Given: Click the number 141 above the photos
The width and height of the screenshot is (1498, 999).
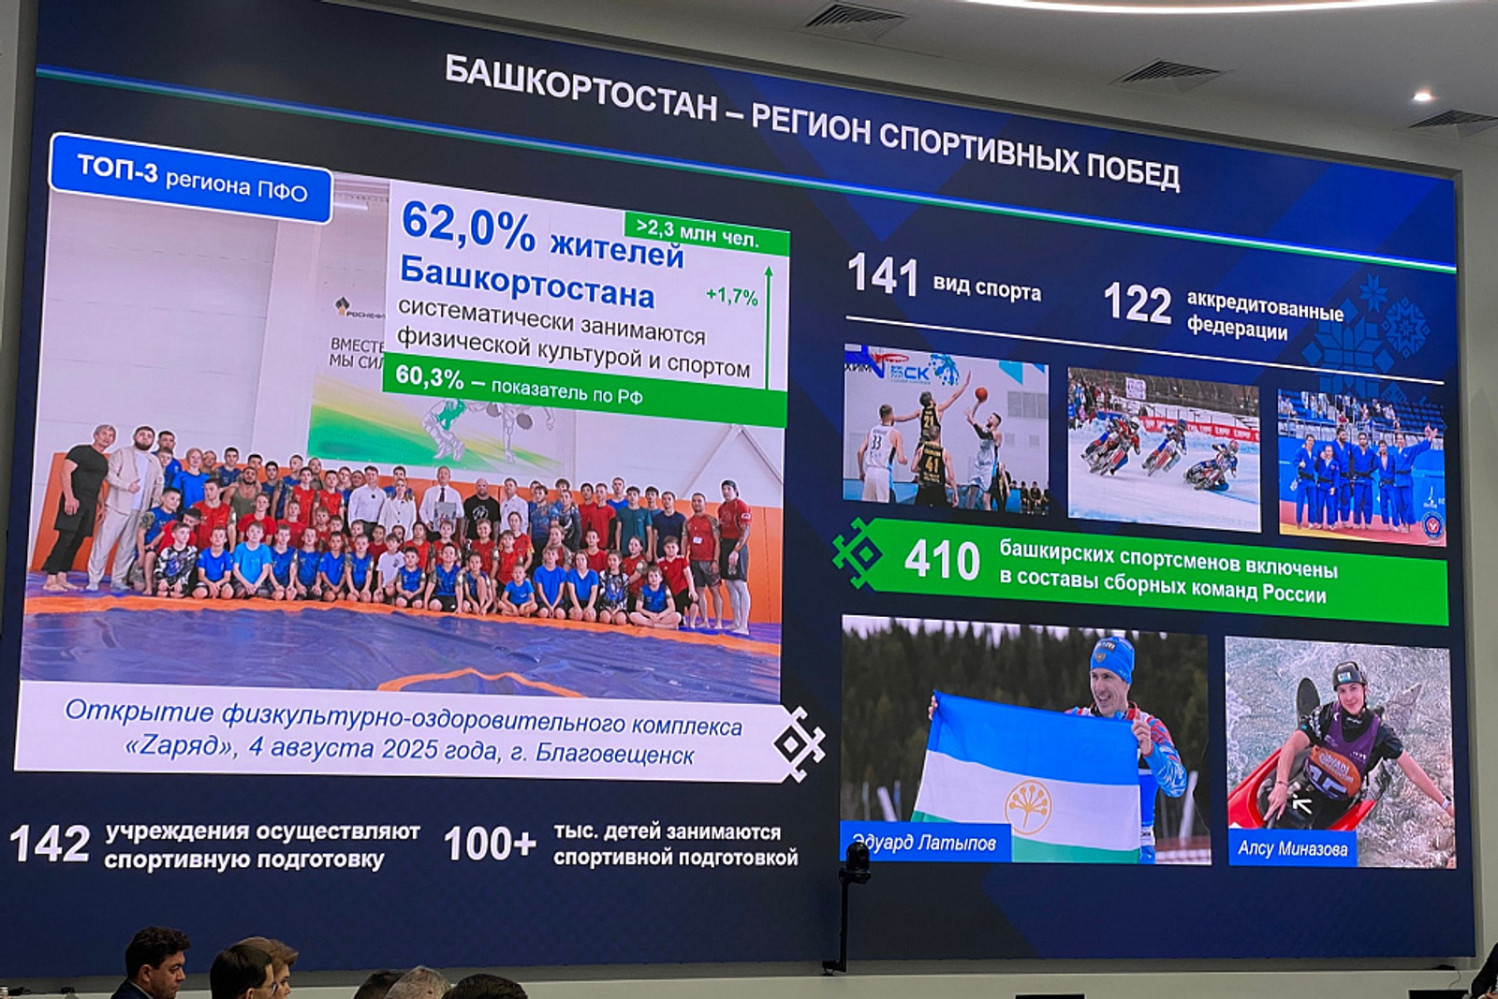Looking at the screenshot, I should tap(882, 275).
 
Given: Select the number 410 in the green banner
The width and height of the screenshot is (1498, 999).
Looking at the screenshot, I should tap(941, 560).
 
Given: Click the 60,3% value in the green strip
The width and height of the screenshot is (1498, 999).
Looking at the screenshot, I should tap(429, 376).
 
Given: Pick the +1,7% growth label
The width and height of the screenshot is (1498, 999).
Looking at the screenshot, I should tap(731, 296).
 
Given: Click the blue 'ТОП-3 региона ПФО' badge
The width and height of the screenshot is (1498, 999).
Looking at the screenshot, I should tap(192, 178).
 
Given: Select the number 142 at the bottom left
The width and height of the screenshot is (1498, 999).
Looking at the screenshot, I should tap(50, 844).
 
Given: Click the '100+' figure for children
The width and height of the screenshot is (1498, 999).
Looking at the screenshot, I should tap(489, 844).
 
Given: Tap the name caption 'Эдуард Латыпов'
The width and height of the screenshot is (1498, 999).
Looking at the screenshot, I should tap(924, 843).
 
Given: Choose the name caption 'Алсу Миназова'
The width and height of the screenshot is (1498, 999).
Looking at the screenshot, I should tap(1292, 848).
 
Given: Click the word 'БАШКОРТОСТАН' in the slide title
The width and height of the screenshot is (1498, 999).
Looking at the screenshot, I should tap(580, 88).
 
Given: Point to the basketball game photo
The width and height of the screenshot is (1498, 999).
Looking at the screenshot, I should tap(945, 430).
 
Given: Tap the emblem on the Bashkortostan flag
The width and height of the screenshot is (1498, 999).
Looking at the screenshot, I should tap(1028, 804).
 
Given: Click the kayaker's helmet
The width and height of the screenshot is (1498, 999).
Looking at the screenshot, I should tap(1349, 674).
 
